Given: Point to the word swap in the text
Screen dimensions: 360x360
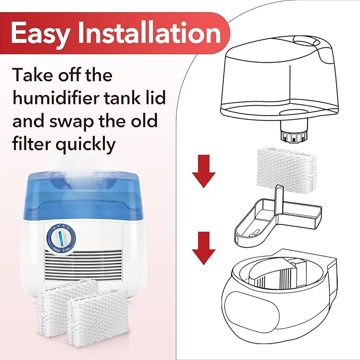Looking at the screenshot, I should click(77, 121).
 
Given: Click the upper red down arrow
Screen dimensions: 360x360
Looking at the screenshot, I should click(204, 175).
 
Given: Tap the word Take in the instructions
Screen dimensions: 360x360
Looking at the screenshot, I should click(33, 75).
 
